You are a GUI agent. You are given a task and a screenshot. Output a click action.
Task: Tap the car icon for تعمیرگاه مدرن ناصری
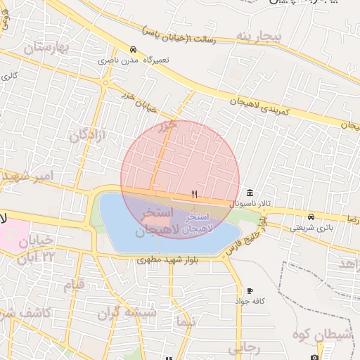click(133, 49)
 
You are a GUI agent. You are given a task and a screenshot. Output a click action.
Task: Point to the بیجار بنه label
click(259, 35)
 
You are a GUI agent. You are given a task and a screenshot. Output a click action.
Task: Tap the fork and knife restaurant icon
click(195, 194)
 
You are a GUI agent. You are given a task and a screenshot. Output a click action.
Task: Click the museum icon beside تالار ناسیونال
click(251, 193)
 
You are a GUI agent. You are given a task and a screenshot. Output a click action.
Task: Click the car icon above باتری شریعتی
click(311, 216)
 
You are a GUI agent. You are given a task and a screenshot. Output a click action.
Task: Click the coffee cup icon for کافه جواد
click(250, 291)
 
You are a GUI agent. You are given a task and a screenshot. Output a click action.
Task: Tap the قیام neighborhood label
click(74, 285)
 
